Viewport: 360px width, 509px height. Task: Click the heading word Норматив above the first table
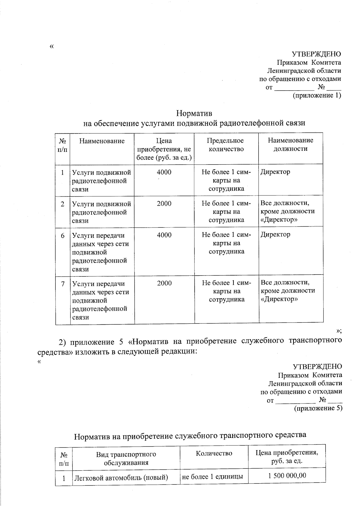point(194,114)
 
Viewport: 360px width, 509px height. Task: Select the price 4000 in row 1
point(164,172)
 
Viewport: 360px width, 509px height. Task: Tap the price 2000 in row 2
point(164,204)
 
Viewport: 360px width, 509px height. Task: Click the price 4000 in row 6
point(164,235)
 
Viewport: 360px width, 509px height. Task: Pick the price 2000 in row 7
point(164,283)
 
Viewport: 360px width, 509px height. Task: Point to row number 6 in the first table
point(63,236)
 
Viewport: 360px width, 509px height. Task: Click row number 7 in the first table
point(63,284)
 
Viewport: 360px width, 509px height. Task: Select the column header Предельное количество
point(226,145)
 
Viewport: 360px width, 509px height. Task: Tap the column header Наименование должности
point(290,144)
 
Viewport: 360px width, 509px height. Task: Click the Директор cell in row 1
point(275,172)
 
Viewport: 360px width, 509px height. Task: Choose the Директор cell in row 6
point(275,234)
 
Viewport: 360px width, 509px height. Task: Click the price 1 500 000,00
point(286,475)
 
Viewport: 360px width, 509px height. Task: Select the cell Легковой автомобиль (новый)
point(121,477)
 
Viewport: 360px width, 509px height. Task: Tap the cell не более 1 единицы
point(212,477)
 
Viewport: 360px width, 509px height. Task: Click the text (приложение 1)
point(317,95)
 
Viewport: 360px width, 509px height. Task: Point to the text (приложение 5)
point(318,408)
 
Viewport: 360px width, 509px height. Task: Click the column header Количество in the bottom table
point(214,453)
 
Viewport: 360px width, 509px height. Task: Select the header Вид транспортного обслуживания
point(126,458)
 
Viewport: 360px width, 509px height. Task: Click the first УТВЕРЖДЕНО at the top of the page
point(316,54)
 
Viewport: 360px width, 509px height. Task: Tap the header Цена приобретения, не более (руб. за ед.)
point(164,149)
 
